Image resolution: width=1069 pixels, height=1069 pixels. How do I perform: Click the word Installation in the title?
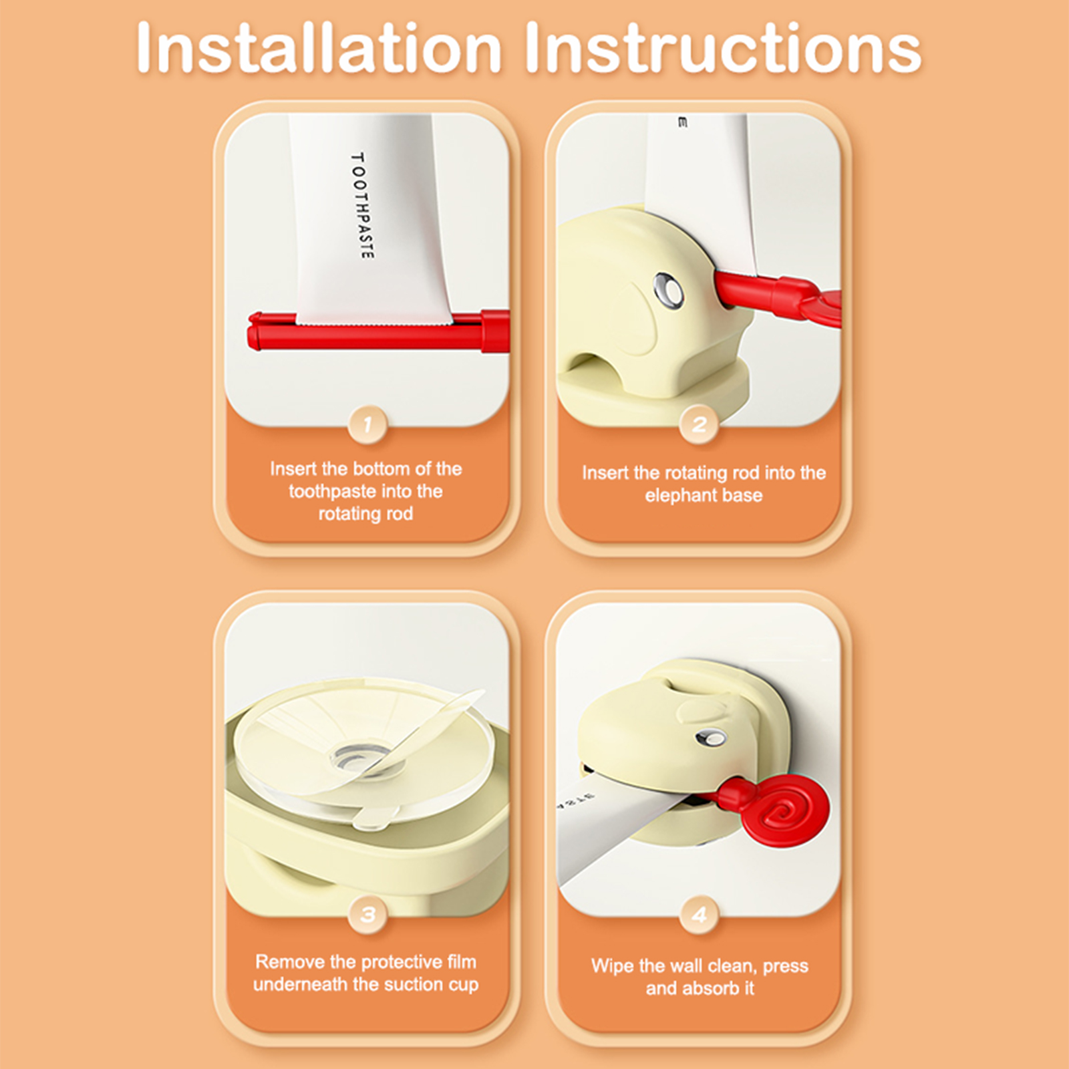(x=318, y=48)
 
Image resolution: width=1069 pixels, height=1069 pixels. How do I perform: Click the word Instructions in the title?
(x=722, y=48)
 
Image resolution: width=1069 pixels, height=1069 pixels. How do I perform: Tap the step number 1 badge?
(x=367, y=424)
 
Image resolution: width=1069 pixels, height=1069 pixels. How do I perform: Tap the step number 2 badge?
(x=699, y=424)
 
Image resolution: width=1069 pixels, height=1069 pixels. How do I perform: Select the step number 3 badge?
(x=367, y=914)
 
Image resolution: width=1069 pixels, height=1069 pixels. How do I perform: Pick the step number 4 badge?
(x=699, y=914)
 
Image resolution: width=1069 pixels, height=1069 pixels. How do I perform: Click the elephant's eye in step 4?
(x=710, y=738)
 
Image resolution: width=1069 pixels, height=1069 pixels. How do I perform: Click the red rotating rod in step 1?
(x=378, y=330)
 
